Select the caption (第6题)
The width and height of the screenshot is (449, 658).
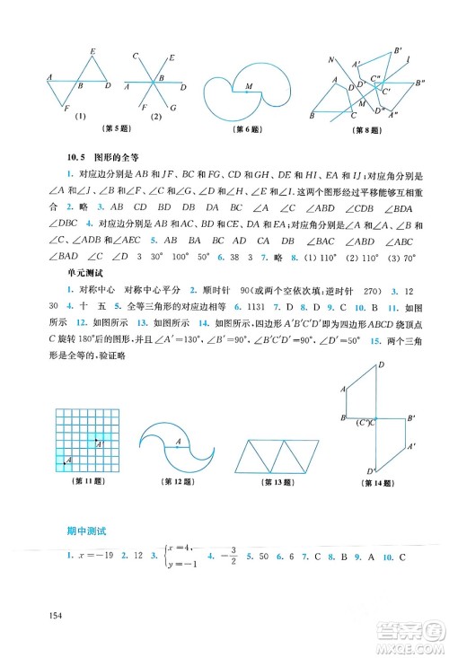click(243, 129)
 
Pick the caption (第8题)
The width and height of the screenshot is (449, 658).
click(367, 129)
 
